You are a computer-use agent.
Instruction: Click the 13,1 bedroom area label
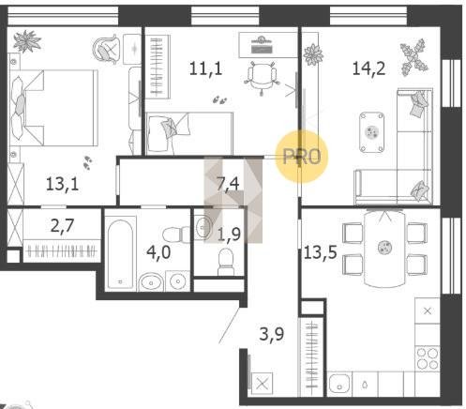(x=62, y=184)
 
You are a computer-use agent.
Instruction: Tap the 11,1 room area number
(x=205, y=68)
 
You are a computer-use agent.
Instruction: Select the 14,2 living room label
(x=368, y=68)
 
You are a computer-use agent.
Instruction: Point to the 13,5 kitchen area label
(x=321, y=252)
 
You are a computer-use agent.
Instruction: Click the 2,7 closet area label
(x=63, y=225)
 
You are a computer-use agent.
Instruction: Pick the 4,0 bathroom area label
(x=158, y=252)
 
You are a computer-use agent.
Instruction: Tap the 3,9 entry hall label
(x=272, y=334)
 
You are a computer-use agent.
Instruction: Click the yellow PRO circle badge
(x=302, y=157)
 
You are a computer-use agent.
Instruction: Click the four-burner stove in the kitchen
(x=428, y=358)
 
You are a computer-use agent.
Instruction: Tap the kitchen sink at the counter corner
(x=339, y=384)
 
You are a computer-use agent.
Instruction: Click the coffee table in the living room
(x=371, y=132)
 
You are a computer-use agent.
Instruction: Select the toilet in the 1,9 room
(x=225, y=262)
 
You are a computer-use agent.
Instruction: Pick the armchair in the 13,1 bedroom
(x=107, y=49)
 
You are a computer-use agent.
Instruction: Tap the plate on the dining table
(x=383, y=248)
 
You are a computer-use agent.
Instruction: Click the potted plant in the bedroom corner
(x=27, y=41)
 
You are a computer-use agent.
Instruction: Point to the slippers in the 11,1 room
(x=219, y=100)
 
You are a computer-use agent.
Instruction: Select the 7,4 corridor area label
(x=228, y=184)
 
